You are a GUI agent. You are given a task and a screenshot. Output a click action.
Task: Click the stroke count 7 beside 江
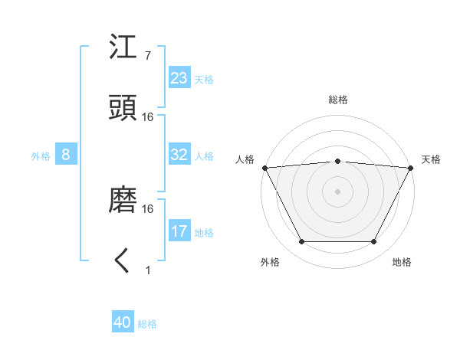147,55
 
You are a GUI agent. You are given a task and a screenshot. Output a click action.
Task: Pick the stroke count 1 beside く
147,270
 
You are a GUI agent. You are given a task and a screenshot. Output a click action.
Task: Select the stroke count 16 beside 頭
148,116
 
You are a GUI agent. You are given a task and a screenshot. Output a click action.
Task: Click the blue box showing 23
179,78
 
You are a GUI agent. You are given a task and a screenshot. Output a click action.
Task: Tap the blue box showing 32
179,155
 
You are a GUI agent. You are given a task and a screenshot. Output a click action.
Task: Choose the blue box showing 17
179,231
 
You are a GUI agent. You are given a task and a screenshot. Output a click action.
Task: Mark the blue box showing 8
66,155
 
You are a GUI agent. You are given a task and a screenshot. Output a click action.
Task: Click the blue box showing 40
123,322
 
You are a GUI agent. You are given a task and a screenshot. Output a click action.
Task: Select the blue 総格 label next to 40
147,324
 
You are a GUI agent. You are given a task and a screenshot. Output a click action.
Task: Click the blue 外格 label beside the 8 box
41,156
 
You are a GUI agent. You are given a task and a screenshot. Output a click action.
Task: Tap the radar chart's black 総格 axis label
337,100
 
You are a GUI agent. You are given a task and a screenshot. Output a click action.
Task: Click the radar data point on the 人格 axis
264,167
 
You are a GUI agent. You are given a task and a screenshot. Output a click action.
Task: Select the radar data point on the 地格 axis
374,242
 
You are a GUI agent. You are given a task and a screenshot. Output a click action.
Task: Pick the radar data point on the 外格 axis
301,242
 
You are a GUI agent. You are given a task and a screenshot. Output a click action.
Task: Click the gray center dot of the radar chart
337,191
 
